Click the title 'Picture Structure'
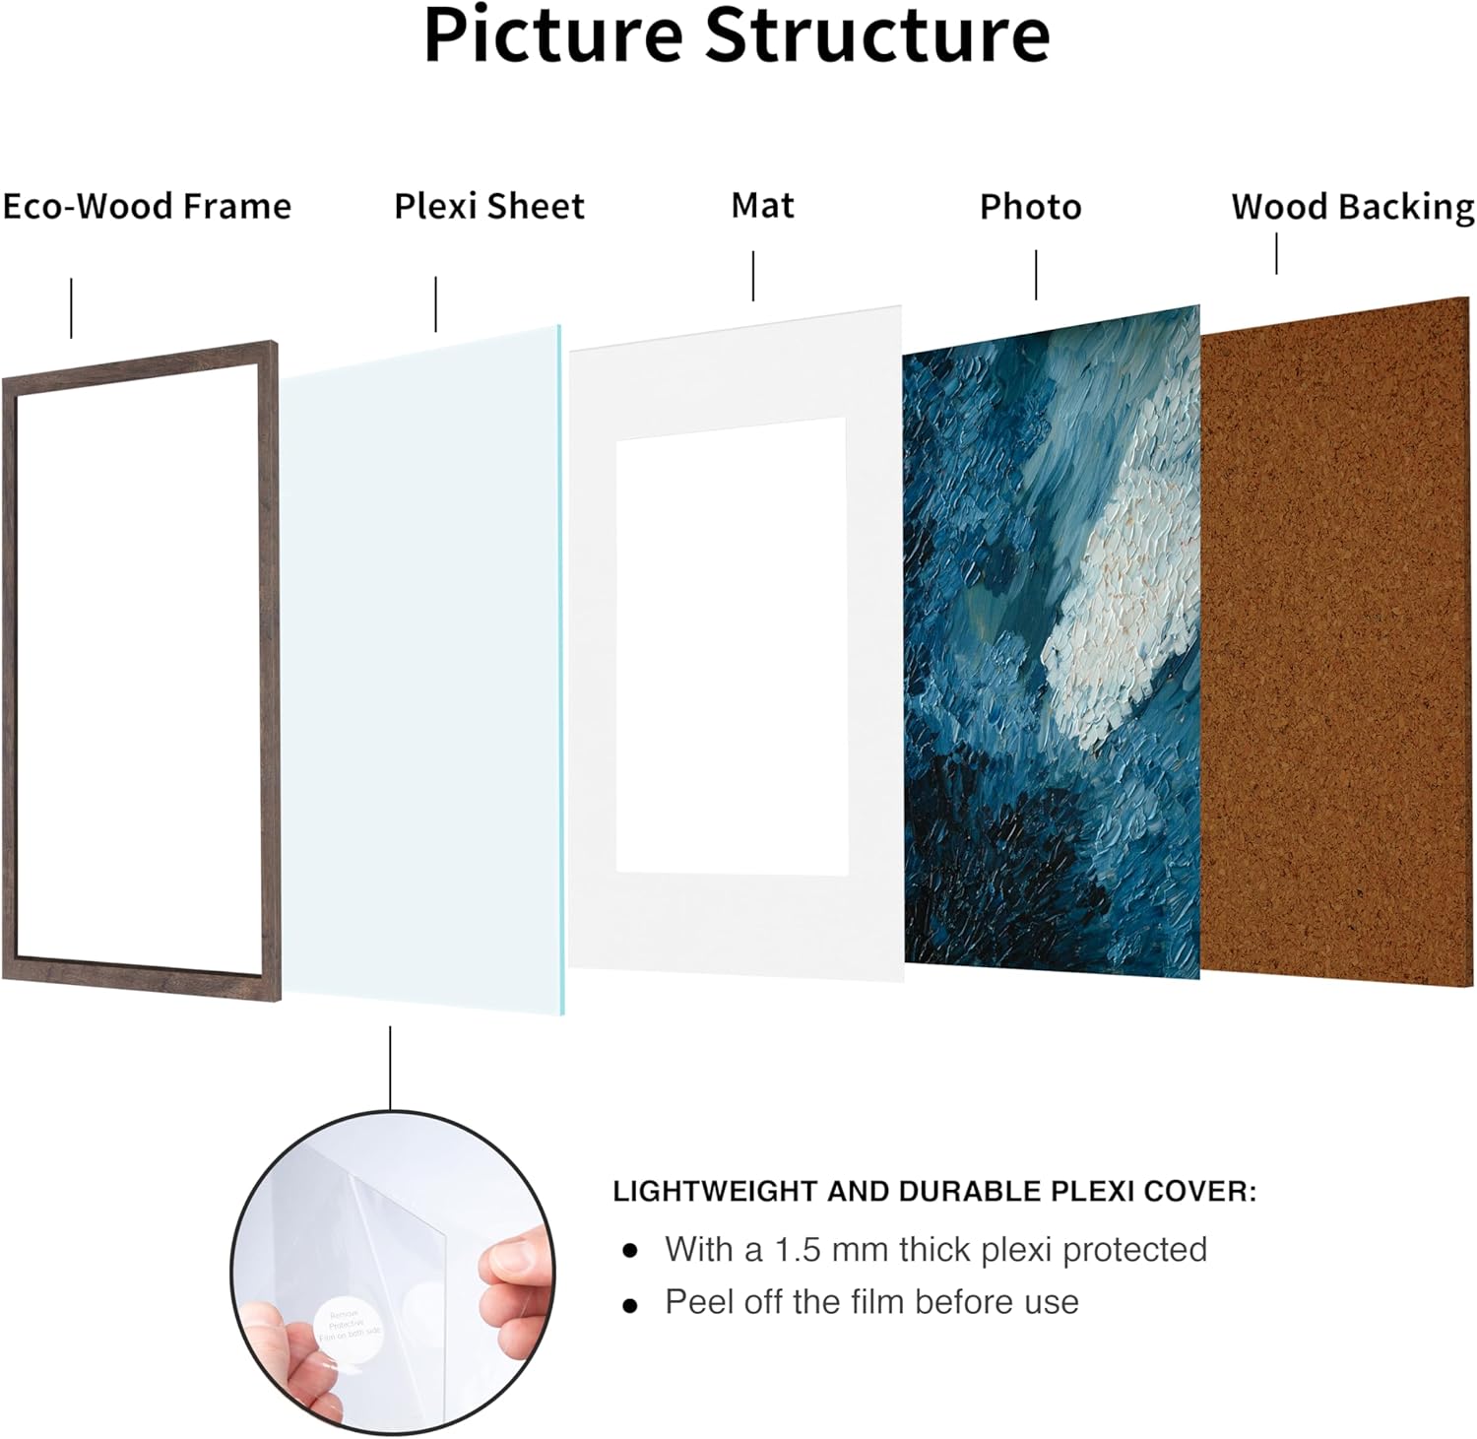pyautogui.click(x=737, y=35)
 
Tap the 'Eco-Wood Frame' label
pyautogui.click(x=147, y=207)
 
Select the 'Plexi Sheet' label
pyautogui.click(x=489, y=207)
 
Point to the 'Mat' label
pyautogui.click(x=762, y=206)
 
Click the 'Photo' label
pyautogui.click(x=1030, y=207)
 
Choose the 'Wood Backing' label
pyautogui.click(x=1353, y=207)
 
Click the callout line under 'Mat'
pyautogui.click(x=753, y=276)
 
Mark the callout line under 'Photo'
pyautogui.click(x=1036, y=275)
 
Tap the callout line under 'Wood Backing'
pyautogui.click(x=1277, y=253)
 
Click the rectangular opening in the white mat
pyautogui.click(x=732, y=645)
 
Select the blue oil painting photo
pyautogui.click(x=1052, y=640)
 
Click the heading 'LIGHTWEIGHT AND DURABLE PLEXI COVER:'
pyautogui.click(x=934, y=1192)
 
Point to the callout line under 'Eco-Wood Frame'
pyautogui.click(x=71, y=308)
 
